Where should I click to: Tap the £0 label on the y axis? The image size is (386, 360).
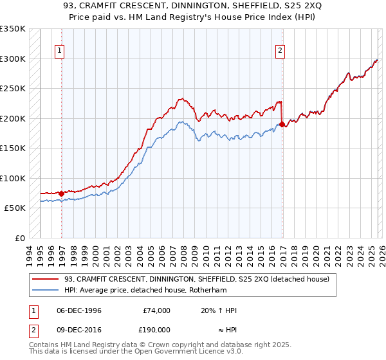coord(19,238)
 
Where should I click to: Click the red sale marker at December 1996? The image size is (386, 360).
coord(62,194)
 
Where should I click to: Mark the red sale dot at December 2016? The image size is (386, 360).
coord(282,125)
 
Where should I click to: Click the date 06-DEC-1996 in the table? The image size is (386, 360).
coord(78,310)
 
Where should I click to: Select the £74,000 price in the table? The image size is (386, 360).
coord(156,310)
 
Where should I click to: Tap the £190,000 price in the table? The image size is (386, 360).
coord(156,329)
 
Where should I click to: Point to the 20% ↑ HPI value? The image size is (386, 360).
coord(219,310)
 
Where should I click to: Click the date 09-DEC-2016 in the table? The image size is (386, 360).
coord(78,329)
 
